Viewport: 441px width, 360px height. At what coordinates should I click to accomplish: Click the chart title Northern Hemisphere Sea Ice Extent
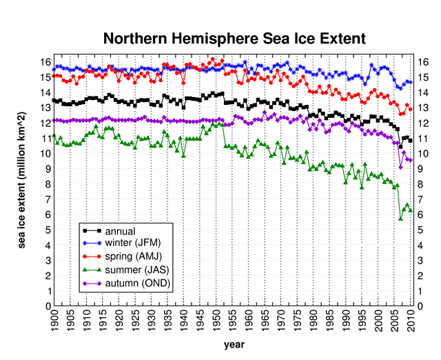[234, 37]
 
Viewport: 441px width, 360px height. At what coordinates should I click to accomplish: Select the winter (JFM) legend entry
[134, 243]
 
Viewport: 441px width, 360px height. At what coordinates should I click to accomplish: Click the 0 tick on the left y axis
[48, 306]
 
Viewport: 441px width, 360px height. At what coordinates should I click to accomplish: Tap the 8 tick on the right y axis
[420, 184]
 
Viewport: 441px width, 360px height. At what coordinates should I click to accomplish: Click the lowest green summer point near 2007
[401, 219]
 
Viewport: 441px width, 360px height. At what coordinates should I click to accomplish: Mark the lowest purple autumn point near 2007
[401, 167]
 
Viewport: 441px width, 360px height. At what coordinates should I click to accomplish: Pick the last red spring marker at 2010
[411, 110]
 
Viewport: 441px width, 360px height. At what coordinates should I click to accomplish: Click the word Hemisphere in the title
[221, 37]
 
